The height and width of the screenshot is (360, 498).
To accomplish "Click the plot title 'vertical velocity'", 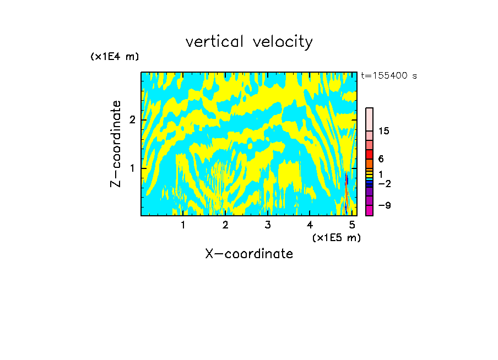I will click(x=249, y=42).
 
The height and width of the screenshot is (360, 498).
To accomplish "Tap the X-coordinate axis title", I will click(x=249, y=254).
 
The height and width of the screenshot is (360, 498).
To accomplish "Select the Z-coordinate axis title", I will click(x=116, y=144).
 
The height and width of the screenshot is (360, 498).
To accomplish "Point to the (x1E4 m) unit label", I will click(x=115, y=57).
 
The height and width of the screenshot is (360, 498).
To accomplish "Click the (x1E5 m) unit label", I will click(x=336, y=237).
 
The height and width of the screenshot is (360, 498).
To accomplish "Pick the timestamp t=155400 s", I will click(x=388, y=76).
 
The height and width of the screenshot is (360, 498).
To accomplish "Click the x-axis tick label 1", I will click(x=183, y=225).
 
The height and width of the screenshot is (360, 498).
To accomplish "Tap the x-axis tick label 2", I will click(x=225, y=225).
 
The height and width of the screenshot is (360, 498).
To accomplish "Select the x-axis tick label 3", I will click(x=268, y=225).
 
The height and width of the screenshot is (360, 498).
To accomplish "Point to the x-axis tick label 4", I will click(x=310, y=225).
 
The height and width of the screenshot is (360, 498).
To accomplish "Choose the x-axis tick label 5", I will click(x=352, y=225).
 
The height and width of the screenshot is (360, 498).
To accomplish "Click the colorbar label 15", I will click(x=385, y=131).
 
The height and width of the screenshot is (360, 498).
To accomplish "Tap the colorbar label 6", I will click(x=381, y=159).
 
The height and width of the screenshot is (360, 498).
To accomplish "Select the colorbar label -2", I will click(x=385, y=183).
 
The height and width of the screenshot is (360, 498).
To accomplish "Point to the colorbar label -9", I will click(x=385, y=206).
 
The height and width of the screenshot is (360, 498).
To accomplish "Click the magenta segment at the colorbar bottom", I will click(x=369, y=210).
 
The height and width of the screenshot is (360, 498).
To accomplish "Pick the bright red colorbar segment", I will click(x=369, y=155).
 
